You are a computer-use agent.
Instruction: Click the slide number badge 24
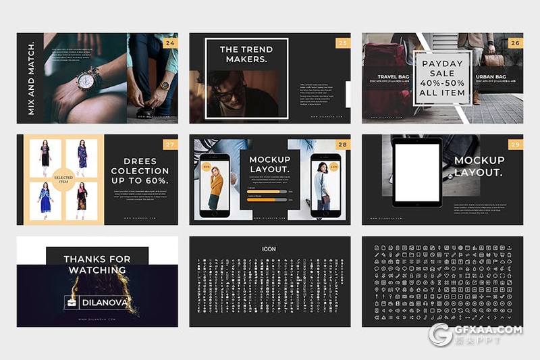(x=170, y=43)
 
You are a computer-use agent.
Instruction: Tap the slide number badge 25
(x=343, y=43)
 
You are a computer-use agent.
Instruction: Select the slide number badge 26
(x=515, y=43)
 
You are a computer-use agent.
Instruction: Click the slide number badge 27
(x=170, y=144)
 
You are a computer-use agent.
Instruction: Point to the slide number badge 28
(x=343, y=144)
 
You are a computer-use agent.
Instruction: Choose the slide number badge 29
(x=515, y=144)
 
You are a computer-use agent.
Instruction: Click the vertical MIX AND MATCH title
(x=31, y=78)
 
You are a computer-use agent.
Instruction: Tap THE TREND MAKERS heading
(x=246, y=54)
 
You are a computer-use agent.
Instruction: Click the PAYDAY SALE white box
(x=442, y=78)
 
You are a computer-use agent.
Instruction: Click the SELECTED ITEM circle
(x=63, y=180)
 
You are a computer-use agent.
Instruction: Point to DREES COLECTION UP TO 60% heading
(x=140, y=171)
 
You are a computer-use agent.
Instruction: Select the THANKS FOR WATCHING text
(x=97, y=264)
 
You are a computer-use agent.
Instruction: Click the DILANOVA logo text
(x=103, y=303)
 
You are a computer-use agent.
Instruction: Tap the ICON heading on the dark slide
(x=269, y=249)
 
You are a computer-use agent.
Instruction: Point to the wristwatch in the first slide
(x=86, y=81)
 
